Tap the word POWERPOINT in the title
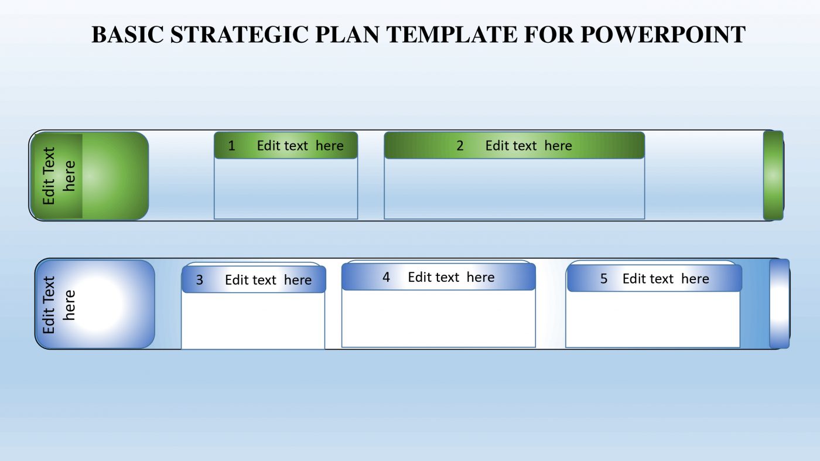coord(663,35)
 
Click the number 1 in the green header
coord(231,146)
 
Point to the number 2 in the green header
coord(460,146)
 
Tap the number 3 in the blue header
coord(199,280)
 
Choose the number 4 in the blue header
coord(386,277)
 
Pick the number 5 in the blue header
coord(604,279)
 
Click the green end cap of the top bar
coord(773,176)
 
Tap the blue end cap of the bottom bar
coord(780,303)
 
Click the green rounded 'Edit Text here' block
coord(90,176)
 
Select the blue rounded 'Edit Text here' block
coord(95,304)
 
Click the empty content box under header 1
coord(286,189)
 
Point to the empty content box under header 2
coord(514,189)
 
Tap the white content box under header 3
coord(253,320)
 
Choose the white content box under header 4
coord(438,318)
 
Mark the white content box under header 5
coord(652,319)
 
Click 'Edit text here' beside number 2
coord(528,146)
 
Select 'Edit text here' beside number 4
coord(451,277)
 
